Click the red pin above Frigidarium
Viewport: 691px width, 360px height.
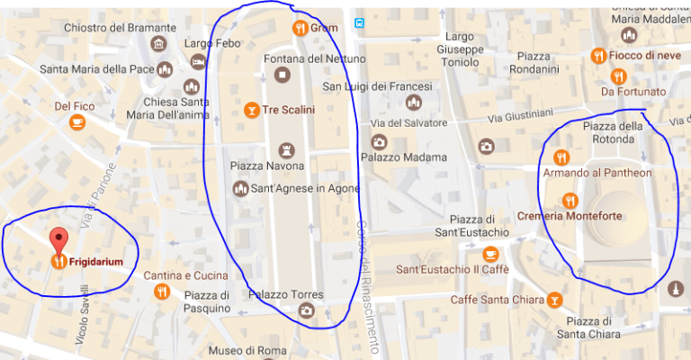pos(59,240)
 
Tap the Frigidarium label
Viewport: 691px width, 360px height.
pos(98,263)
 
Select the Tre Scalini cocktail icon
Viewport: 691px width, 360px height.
pos(253,110)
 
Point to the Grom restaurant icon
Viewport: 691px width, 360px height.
pos(301,28)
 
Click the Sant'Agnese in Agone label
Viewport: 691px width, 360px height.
pos(305,188)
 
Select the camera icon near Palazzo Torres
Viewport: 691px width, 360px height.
pos(307,310)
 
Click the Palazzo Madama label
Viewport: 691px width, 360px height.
pos(404,157)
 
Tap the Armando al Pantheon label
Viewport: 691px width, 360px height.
pos(598,172)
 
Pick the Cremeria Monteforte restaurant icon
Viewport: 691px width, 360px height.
pos(569,200)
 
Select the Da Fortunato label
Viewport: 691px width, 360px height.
pos(633,91)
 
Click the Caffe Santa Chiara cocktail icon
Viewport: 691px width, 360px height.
pos(555,299)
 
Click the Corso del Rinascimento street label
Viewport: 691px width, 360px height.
pos(369,274)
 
